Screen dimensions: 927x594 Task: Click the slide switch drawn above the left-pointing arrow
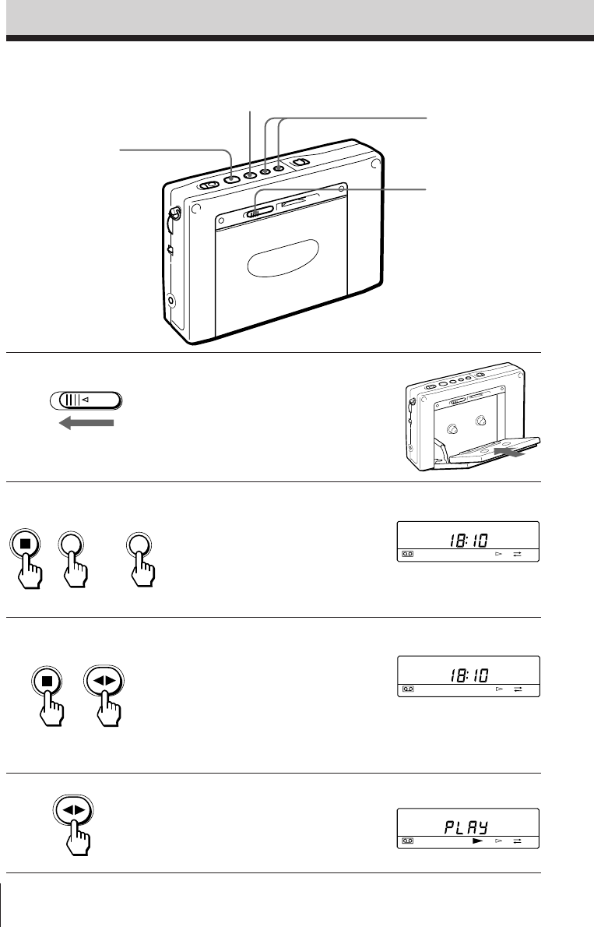tap(86, 400)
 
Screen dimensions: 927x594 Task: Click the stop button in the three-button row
tap(26, 543)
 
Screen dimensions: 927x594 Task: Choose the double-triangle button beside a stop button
tap(104, 679)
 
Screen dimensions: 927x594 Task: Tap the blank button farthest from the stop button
tap(142, 543)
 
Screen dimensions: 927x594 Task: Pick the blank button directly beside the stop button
tap(72, 543)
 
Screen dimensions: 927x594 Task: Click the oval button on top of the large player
tap(209, 185)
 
